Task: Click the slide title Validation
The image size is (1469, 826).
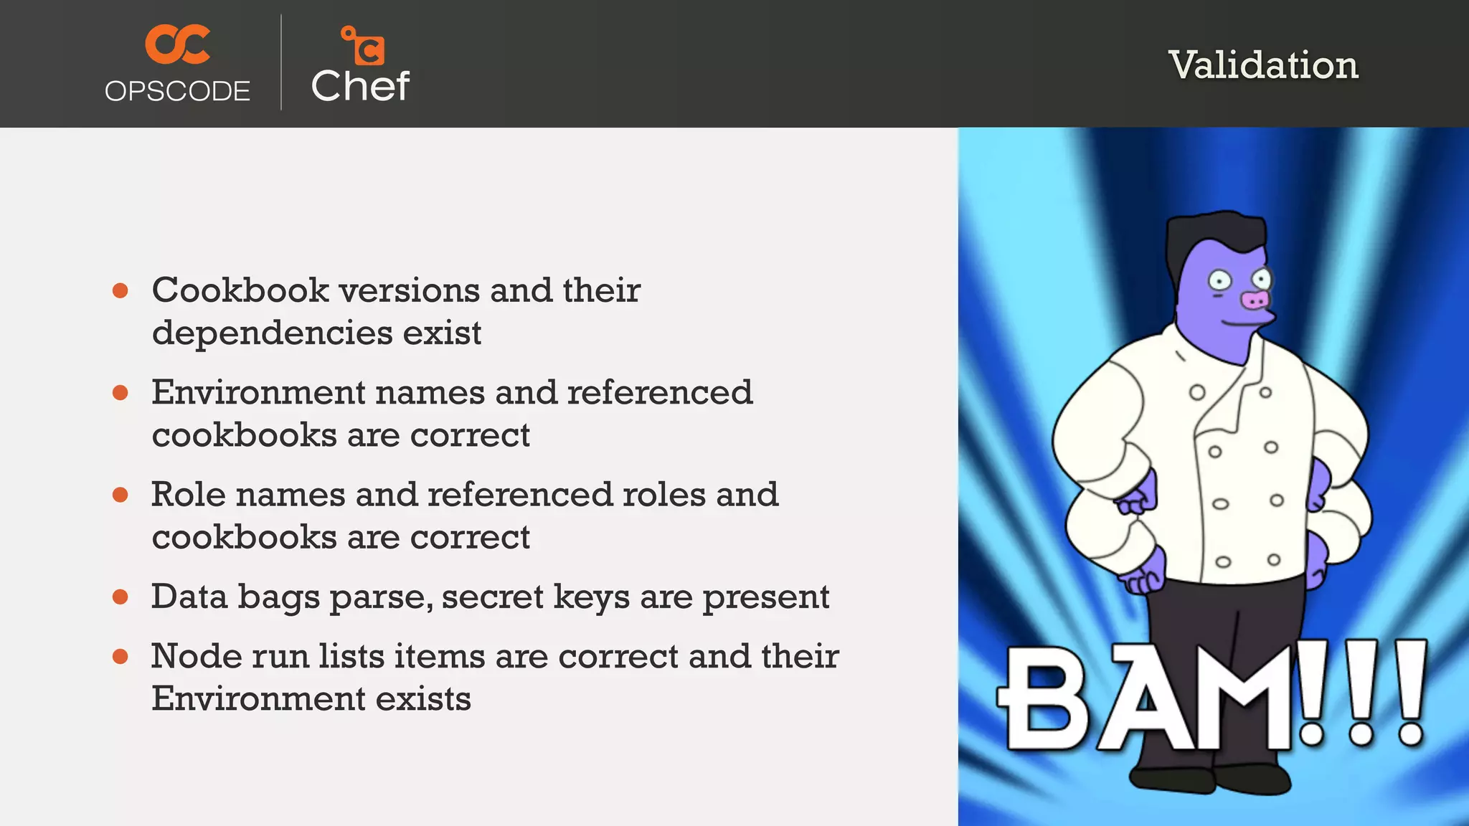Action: click(x=1263, y=65)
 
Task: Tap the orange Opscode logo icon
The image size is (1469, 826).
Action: click(x=177, y=44)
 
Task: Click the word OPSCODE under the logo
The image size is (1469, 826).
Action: click(x=177, y=92)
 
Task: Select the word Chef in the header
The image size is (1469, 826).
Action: click(x=360, y=87)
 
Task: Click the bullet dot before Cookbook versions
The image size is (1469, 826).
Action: click(x=121, y=291)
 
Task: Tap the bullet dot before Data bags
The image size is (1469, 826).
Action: click(x=121, y=597)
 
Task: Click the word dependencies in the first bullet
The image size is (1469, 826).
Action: click(x=271, y=333)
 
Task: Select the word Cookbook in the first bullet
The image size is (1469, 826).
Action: click(x=240, y=290)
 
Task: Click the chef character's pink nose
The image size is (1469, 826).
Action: click(x=1255, y=300)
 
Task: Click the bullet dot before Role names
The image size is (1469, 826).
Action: click(x=121, y=495)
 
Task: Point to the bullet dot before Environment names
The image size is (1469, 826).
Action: click(x=121, y=393)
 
